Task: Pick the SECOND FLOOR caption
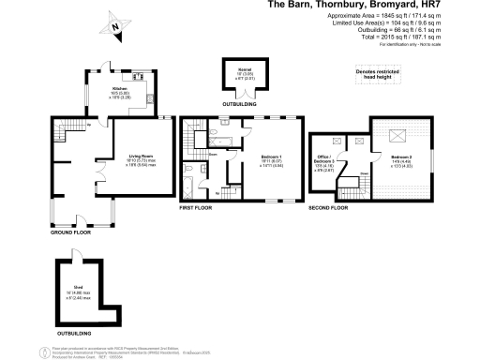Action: point(329,209)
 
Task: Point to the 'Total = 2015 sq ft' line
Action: point(412,37)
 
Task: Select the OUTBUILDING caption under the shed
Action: point(74,333)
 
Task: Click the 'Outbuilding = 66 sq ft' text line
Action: point(412,30)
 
